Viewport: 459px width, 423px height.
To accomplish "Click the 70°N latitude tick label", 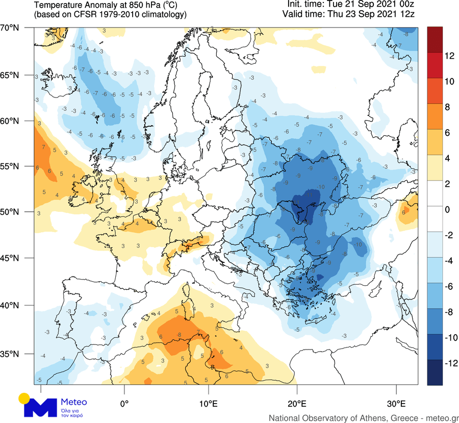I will coord(10,28).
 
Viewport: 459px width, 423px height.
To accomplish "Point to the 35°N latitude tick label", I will coord(10,354).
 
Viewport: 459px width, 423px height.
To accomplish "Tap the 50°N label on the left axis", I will coord(10,211).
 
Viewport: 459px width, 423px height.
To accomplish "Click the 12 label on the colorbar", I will coord(449,56).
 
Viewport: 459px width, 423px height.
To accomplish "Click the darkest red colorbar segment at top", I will coord(435,39).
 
